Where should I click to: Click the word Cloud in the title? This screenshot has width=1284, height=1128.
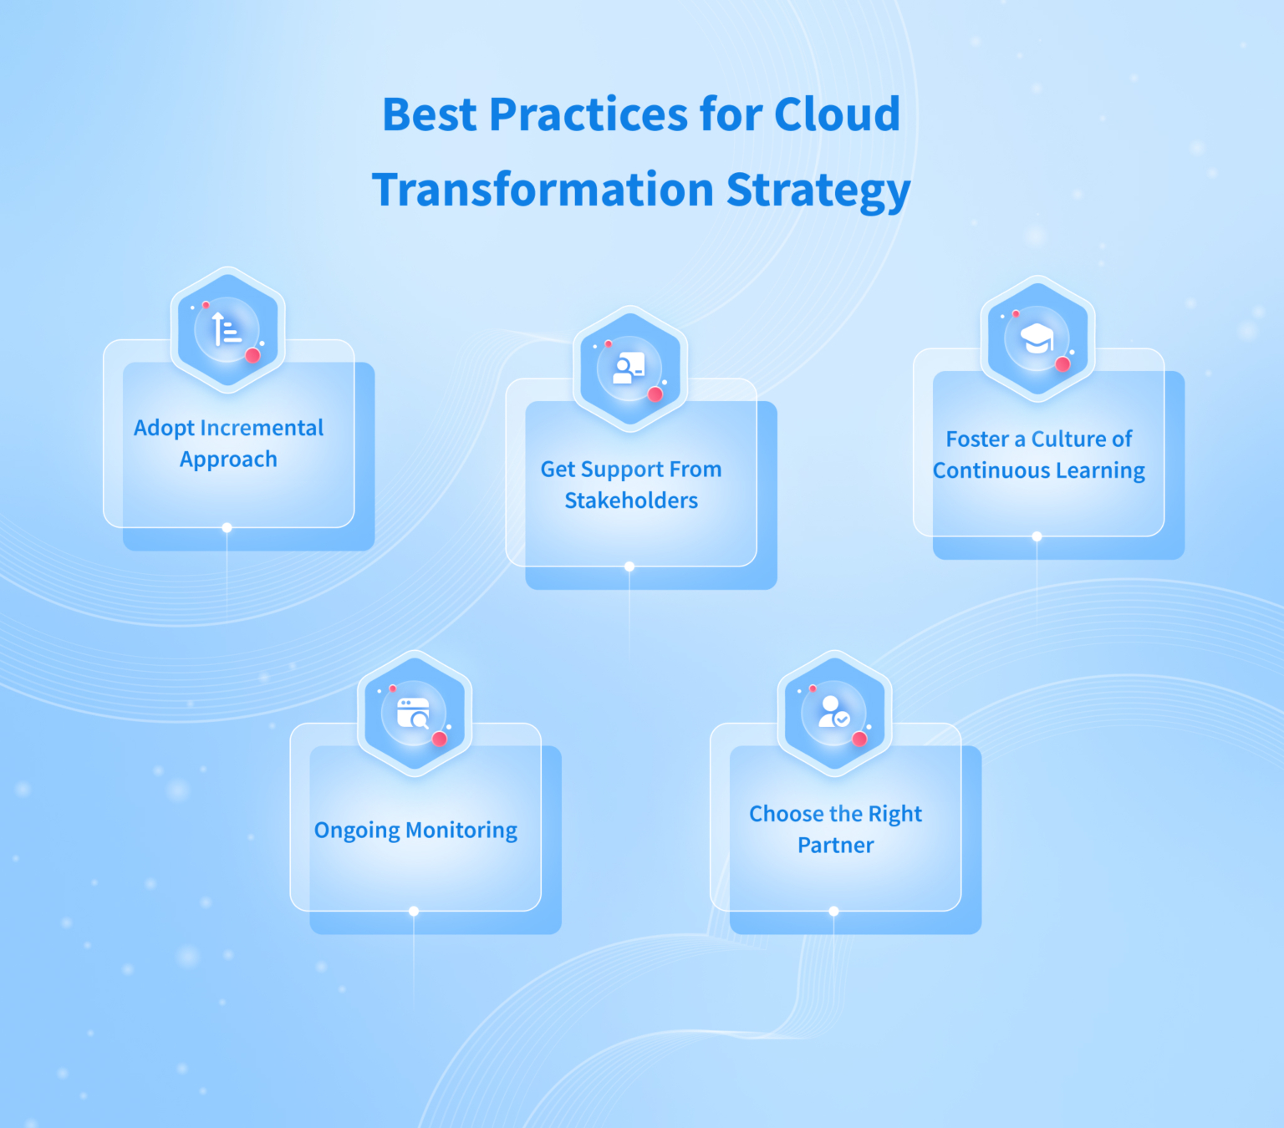(x=837, y=114)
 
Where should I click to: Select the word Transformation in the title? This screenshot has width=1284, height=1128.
(x=543, y=190)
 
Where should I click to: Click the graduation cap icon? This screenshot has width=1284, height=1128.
(x=1037, y=338)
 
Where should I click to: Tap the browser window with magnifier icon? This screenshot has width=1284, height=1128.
(x=413, y=713)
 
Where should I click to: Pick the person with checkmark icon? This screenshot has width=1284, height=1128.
(x=833, y=712)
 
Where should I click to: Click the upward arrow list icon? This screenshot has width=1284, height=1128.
(x=227, y=329)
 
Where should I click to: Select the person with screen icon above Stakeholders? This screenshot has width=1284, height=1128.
(x=629, y=368)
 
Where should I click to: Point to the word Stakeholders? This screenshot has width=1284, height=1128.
(x=631, y=500)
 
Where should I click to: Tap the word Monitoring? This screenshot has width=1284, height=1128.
(x=461, y=831)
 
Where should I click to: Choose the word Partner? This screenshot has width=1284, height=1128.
(x=835, y=846)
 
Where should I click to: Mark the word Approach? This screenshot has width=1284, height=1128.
(x=228, y=460)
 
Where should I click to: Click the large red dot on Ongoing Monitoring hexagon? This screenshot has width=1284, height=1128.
(x=440, y=738)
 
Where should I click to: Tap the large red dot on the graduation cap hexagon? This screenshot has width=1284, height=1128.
(x=1062, y=363)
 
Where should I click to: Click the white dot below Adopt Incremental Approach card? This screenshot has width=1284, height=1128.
(x=227, y=528)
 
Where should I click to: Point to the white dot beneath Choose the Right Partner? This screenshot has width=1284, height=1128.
(x=833, y=911)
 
